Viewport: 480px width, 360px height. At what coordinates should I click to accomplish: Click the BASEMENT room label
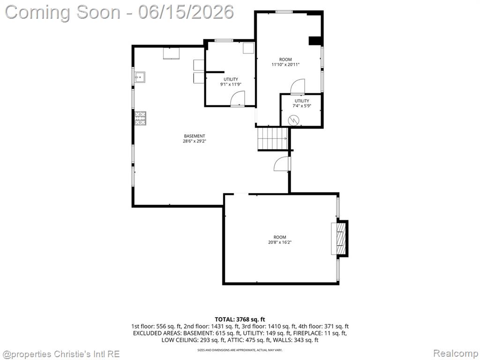(x=195, y=136)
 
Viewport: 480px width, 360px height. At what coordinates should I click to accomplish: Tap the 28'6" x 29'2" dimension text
(x=195, y=141)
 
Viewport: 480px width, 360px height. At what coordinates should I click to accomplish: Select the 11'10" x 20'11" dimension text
(x=285, y=65)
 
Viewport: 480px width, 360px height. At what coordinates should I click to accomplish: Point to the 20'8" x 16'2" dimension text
(x=280, y=242)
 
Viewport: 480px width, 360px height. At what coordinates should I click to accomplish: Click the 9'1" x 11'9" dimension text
(x=231, y=84)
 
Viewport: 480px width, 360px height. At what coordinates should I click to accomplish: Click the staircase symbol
(x=272, y=139)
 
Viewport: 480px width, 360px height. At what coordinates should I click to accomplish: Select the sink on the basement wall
(x=140, y=77)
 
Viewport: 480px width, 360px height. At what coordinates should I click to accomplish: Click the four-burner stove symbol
(x=141, y=118)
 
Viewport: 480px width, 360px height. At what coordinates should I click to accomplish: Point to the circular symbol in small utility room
(x=293, y=120)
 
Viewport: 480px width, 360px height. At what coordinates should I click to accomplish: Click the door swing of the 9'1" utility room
(x=237, y=98)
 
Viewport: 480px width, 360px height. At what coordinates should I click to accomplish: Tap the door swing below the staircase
(x=282, y=164)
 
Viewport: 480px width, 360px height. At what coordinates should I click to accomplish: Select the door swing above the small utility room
(x=297, y=86)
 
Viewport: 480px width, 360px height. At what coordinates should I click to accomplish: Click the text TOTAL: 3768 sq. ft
(x=240, y=320)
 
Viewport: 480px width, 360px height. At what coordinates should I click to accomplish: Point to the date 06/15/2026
(x=186, y=12)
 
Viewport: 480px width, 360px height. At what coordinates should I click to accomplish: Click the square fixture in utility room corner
(x=248, y=48)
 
